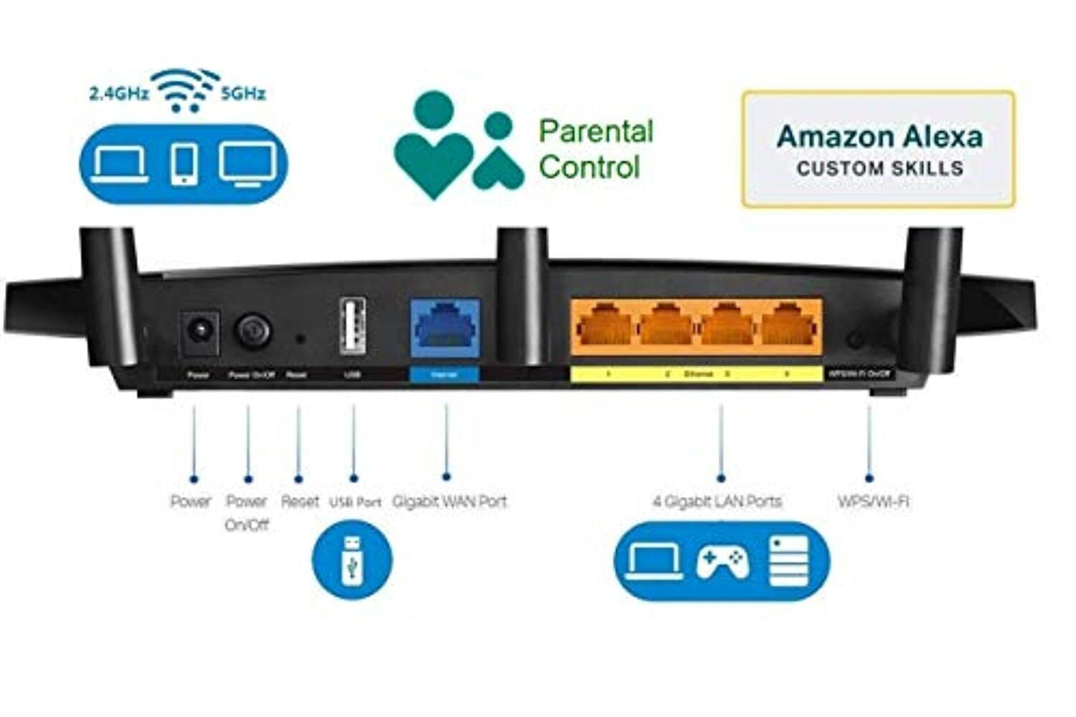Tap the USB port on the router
352,326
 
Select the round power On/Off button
253,329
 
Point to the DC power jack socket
199,330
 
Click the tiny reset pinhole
300,339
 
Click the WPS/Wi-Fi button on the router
856,341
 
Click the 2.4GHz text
118,94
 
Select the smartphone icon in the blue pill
184,164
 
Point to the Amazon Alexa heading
879,136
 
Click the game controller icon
722,562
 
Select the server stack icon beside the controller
788,561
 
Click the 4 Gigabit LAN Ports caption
717,502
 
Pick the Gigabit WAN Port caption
449,502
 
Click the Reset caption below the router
299,502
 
